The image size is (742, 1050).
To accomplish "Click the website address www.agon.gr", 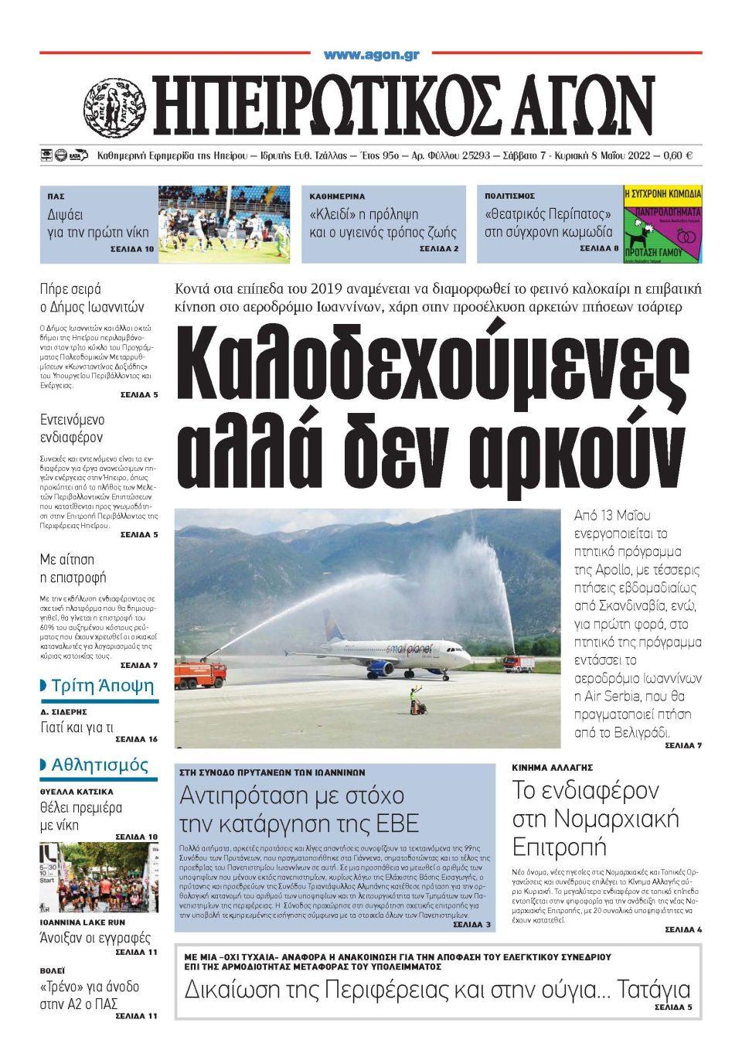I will [371, 54].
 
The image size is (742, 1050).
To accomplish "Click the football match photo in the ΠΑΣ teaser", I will [224, 223].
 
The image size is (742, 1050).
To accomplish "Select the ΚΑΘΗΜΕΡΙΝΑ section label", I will [337, 196].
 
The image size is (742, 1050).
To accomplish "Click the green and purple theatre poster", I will [662, 223].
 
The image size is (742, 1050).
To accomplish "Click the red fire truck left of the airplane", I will [199, 673].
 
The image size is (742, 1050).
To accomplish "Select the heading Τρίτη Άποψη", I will [102, 686].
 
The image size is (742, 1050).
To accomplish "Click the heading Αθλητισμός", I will [100, 765].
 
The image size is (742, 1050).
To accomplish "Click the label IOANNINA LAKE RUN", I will [83, 922].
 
